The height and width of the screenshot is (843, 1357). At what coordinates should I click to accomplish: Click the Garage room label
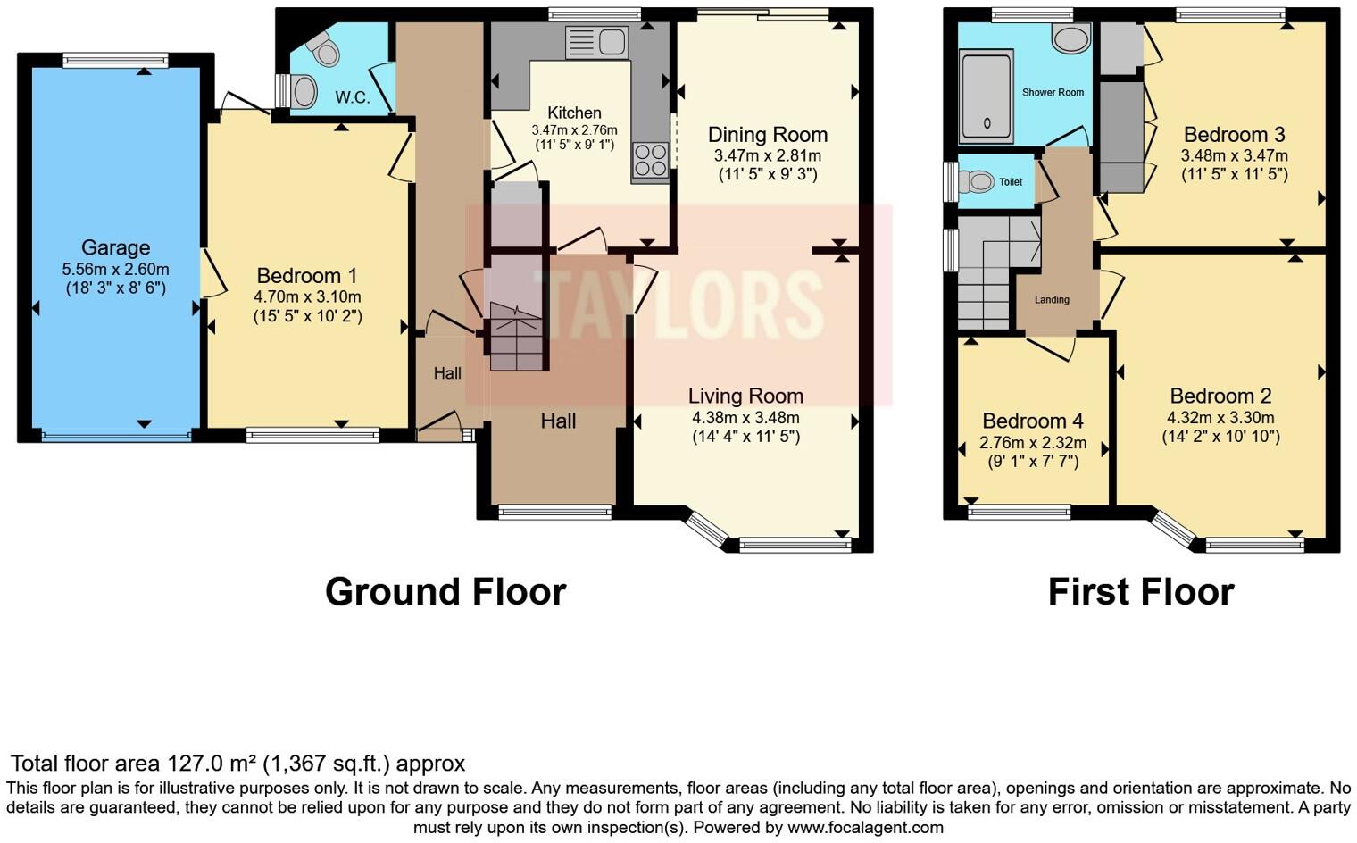tap(115, 247)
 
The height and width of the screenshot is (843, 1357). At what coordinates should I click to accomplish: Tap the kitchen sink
tap(598, 42)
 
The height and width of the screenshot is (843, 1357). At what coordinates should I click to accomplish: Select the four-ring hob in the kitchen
tap(650, 161)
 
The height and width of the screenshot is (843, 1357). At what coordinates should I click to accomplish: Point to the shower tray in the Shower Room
tap(986, 96)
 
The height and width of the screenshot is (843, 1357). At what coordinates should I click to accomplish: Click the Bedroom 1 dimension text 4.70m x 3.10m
tap(307, 296)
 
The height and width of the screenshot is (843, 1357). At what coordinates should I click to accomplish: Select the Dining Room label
tap(767, 135)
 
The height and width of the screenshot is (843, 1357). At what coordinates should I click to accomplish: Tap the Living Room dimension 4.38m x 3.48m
tap(745, 417)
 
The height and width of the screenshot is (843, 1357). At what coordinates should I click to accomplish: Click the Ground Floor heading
tap(445, 592)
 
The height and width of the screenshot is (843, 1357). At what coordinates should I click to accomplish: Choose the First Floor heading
tap(1140, 592)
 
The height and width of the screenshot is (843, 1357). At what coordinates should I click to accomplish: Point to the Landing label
tap(1052, 300)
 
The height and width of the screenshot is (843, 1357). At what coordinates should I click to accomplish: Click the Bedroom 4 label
tap(1032, 421)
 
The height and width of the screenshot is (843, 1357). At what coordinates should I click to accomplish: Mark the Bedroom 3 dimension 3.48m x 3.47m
tap(1234, 155)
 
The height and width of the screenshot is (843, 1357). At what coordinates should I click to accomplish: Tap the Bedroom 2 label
tap(1220, 396)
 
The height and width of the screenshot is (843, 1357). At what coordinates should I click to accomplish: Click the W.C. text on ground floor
tap(352, 97)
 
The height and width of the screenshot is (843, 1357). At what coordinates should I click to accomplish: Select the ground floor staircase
tap(516, 335)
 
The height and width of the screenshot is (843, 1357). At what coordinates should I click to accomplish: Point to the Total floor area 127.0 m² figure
tap(237, 764)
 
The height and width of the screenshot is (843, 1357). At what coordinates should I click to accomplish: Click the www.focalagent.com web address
tap(865, 827)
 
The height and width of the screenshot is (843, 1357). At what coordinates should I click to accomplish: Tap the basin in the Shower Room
tap(1070, 39)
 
